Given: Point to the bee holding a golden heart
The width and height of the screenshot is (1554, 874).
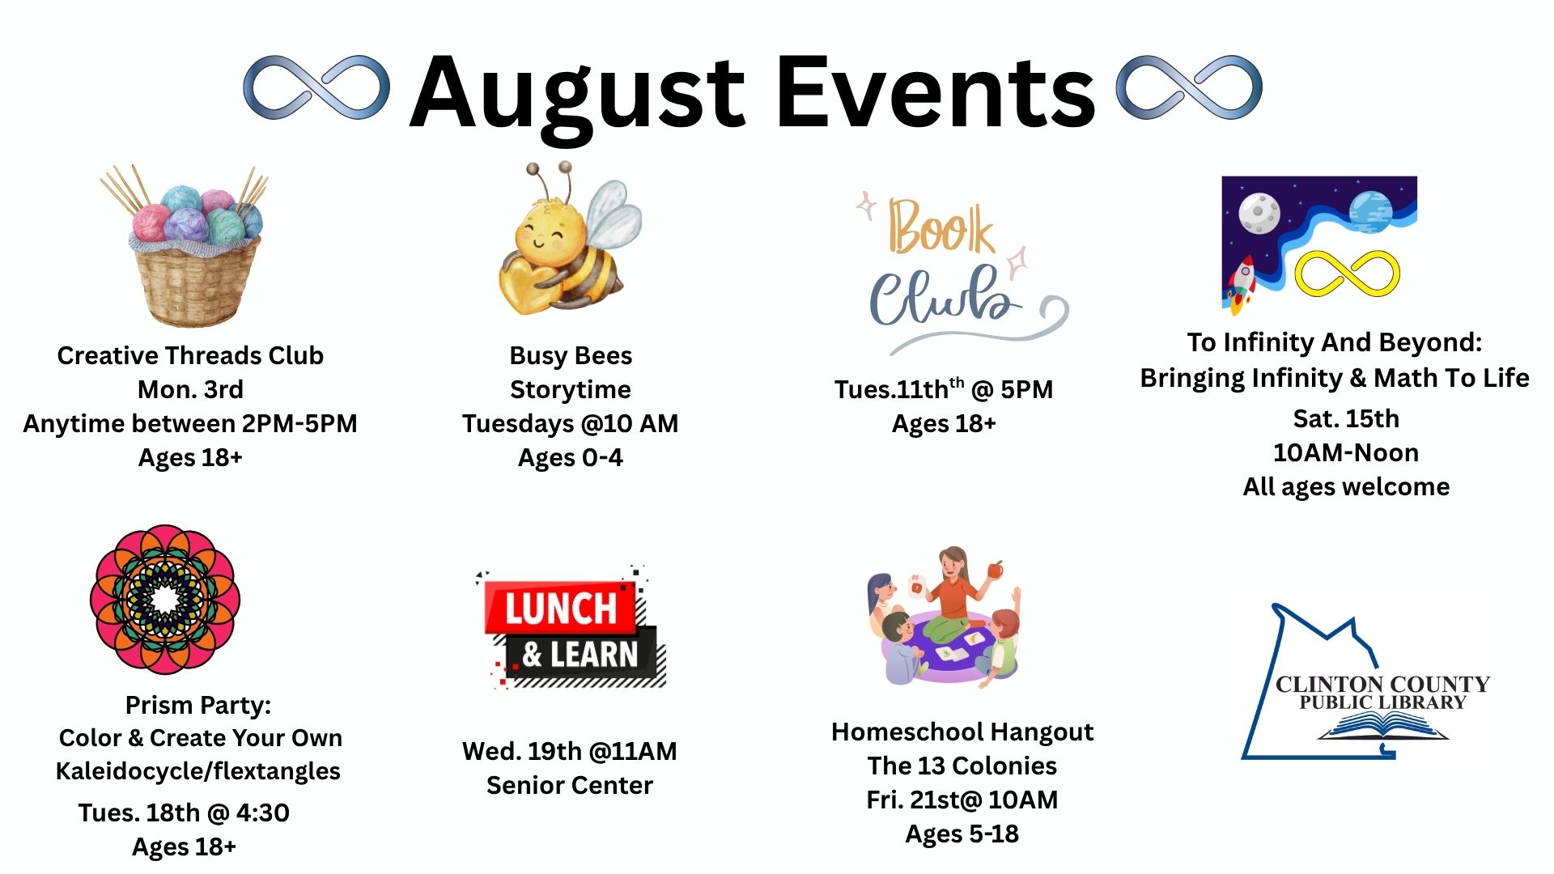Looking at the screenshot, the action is click(569, 240).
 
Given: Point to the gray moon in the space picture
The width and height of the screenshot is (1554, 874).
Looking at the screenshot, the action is click(1259, 213).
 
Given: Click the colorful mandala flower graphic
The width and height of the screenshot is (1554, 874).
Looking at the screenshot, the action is click(165, 600).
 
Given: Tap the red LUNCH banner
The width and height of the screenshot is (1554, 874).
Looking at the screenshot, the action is click(560, 607).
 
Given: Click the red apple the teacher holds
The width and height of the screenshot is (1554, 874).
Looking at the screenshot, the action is click(996, 570).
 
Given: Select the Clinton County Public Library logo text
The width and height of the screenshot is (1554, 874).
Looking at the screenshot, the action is click(1383, 693).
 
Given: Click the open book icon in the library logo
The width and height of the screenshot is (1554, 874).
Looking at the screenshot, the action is click(1382, 726).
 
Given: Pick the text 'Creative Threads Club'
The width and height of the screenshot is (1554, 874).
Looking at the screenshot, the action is click(190, 355).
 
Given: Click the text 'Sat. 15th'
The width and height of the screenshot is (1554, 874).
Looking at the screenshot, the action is click(1346, 418).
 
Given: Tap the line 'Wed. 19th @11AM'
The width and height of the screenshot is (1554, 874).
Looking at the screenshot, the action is click(570, 751).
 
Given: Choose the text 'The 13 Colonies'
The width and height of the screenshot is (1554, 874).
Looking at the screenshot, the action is click(962, 766).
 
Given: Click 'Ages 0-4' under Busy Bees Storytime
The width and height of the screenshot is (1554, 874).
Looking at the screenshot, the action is click(571, 458).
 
